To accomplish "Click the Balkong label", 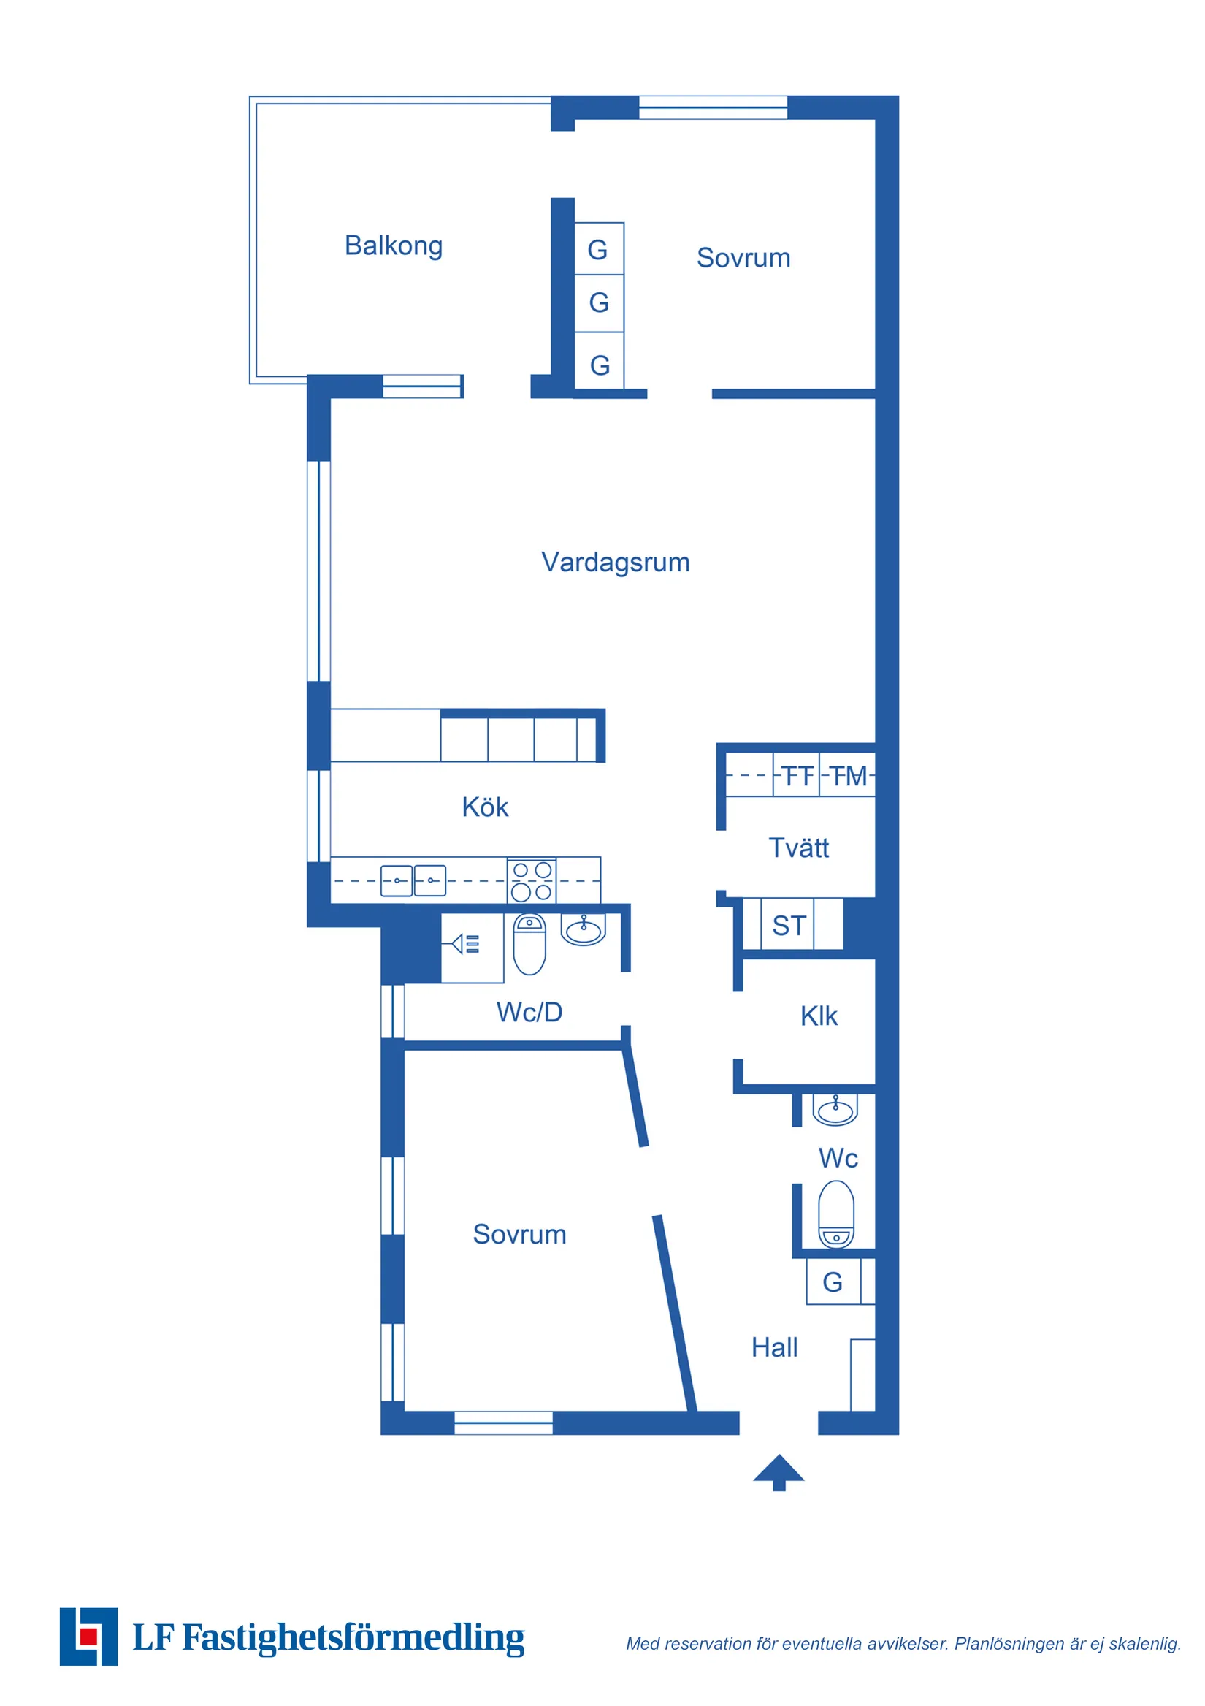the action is point(393,246).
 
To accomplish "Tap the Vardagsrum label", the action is point(615,563).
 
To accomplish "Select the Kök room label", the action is point(484,806).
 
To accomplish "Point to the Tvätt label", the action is point(798,847).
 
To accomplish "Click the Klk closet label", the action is point(819,1016).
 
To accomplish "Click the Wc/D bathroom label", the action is point(529,1012).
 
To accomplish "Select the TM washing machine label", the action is point(848,777).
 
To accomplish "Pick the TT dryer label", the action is point(797,777).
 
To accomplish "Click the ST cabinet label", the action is point(789,926).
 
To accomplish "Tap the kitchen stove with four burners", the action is point(531,880).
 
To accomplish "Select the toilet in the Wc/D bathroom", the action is point(529,944).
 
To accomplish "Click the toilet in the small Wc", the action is point(835,1214).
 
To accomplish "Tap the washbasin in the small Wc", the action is point(835,1109).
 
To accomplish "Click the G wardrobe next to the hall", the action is point(833,1282).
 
